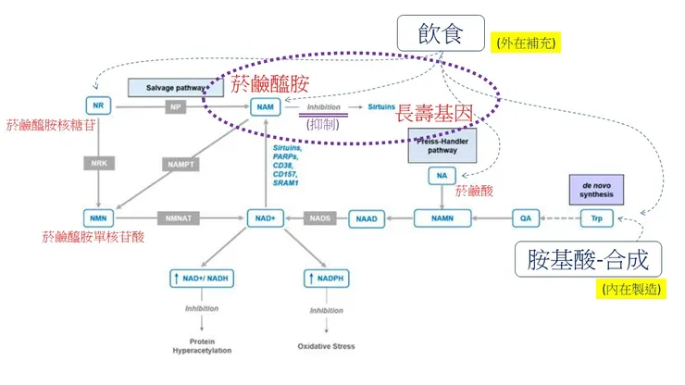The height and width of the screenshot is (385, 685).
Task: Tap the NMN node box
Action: click(97, 219)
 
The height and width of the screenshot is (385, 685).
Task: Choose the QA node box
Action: click(525, 219)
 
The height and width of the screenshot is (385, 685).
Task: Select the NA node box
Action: click(442, 175)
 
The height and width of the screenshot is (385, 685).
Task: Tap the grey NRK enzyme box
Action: click(98, 164)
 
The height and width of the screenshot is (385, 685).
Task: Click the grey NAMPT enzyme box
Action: click(181, 164)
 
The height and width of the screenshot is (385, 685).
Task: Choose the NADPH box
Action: click(326, 278)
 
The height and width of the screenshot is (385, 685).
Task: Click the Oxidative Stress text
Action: click(326, 347)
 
